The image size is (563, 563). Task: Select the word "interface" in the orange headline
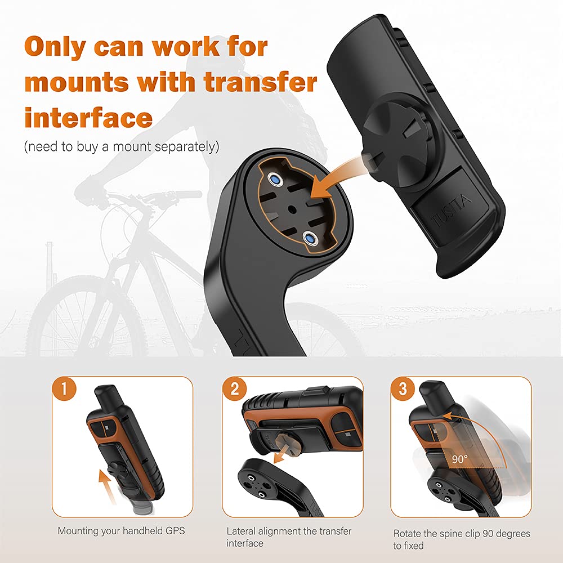(x=88, y=118)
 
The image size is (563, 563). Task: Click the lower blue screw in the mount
(x=309, y=238)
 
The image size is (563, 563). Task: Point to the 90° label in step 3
(x=459, y=459)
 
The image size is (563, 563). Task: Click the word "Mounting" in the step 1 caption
(x=78, y=530)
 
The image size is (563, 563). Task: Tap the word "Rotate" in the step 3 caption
(x=407, y=533)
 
